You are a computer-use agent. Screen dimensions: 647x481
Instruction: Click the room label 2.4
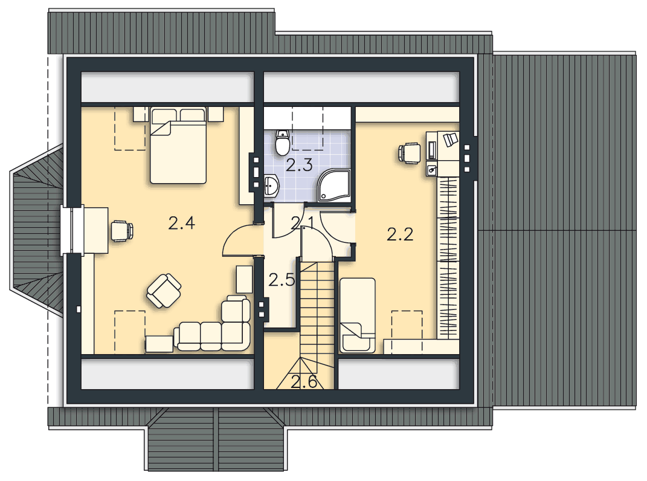(x=182, y=224)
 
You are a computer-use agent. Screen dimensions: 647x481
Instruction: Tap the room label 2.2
(x=400, y=235)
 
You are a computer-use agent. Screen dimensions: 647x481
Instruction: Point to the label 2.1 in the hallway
(x=303, y=224)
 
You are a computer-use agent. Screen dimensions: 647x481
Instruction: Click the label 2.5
(x=282, y=280)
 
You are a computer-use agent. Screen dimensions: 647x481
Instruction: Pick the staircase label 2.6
(x=304, y=382)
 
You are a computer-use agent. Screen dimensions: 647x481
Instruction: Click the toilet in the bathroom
(x=282, y=143)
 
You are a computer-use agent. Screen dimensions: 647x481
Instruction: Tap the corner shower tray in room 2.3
(x=334, y=186)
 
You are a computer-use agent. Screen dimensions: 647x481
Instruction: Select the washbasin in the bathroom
(x=271, y=186)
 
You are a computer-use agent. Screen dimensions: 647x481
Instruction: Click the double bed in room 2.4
(x=178, y=145)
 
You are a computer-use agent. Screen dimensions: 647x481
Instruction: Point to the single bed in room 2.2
(x=358, y=315)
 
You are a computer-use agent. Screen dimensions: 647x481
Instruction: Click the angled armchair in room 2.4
(x=164, y=290)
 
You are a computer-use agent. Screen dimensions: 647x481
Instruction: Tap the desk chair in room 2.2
(x=409, y=153)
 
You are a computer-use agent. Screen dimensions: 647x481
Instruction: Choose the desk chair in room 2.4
(x=122, y=231)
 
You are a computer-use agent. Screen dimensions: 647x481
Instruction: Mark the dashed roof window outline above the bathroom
(x=307, y=128)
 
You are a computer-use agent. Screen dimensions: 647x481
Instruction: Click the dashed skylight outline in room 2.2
(x=407, y=332)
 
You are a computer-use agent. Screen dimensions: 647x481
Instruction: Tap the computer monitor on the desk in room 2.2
(x=432, y=150)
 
